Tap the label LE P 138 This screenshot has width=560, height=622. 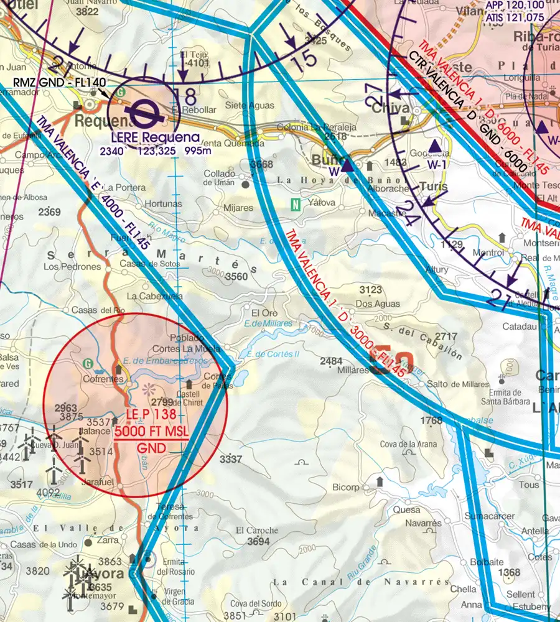click(151, 415)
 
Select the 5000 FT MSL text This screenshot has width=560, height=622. click(151, 431)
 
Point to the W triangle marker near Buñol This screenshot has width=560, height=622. click(347, 167)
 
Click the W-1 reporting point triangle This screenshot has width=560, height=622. click(435, 147)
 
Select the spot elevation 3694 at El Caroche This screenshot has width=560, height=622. click(258, 542)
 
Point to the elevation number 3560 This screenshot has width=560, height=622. click(237, 276)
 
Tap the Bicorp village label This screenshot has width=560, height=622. click(346, 486)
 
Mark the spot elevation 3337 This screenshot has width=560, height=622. click(231, 459)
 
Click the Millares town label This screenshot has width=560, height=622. click(352, 369)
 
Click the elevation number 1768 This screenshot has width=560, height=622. click(431, 421)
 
